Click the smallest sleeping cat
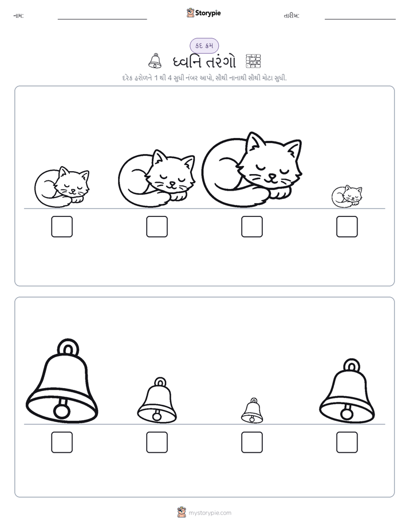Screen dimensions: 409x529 pyautogui.click(x=347, y=196)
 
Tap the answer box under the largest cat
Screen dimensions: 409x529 pyautogui.click(x=251, y=226)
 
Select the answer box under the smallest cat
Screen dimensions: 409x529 pyautogui.click(x=347, y=226)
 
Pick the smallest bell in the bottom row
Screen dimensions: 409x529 pyautogui.click(x=252, y=410)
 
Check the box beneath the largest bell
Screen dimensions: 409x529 pyautogui.click(x=62, y=442)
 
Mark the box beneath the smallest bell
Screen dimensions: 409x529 pyautogui.click(x=251, y=442)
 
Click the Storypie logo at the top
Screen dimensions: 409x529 pyautogui.click(x=203, y=13)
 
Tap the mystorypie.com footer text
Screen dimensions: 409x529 pyautogui.click(x=210, y=513)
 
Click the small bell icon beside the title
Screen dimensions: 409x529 pyautogui.click(x=155, y=61)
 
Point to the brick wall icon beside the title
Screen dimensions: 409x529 pyautogui.click(x=253, y=61)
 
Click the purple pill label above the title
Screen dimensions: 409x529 pyautogui.click(x=204, y=46)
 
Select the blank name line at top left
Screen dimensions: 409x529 pyautogui.click(x=102, y=19)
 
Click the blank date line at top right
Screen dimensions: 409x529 pyautogui.click(x=360, y=19)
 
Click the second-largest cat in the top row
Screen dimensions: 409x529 pyautogui.click(x=157, y=178)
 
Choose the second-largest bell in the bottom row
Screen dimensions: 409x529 pyautogui.click(x=347, y=391)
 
